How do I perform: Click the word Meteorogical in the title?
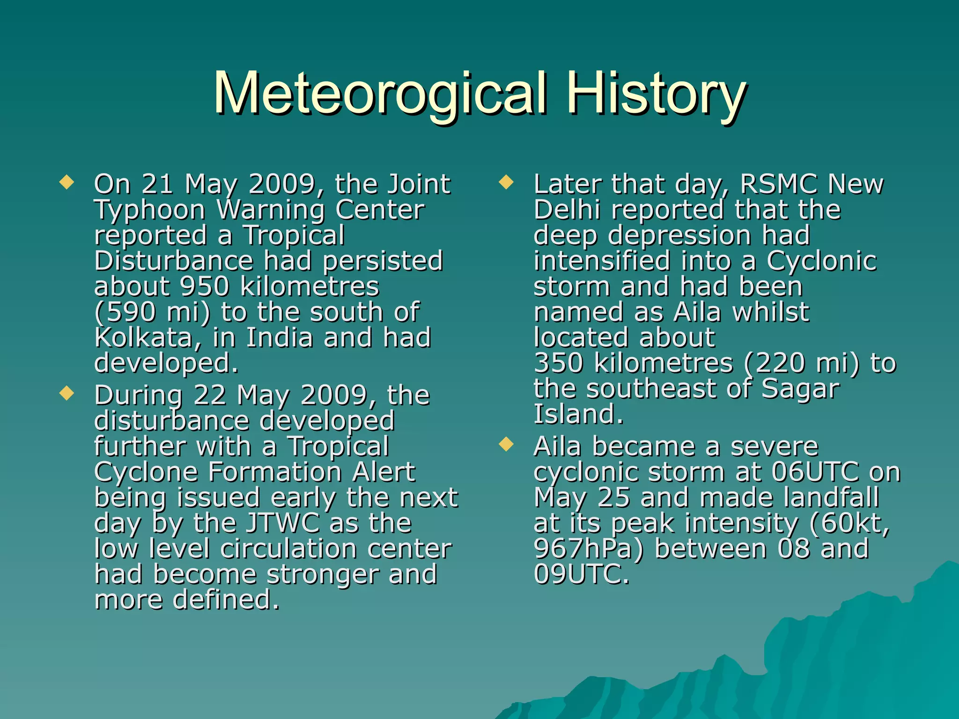pyautogui.click(x=380, y=94)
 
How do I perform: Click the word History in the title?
pyautogui.click(x=656, y=94)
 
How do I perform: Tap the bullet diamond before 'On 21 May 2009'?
pyautogui.click(x=67, y=182)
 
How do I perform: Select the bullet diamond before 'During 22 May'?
pyautogui.click(x=67, y=393)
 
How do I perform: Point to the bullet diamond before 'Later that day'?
pyautogui.click(x=506, y=182)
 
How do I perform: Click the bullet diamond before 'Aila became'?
pyautogui.click(x=506, y=444)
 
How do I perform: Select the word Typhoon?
pyautogui.click(x=150, y=210)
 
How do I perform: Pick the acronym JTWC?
pyautogui.click(x=283, y=523)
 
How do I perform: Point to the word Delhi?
pyautogui.click(x=567, y=210)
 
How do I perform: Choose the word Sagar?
pyautogui.click(x=801, y=389)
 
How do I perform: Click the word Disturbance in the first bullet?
pyautogui.click(x=174, y=261)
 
